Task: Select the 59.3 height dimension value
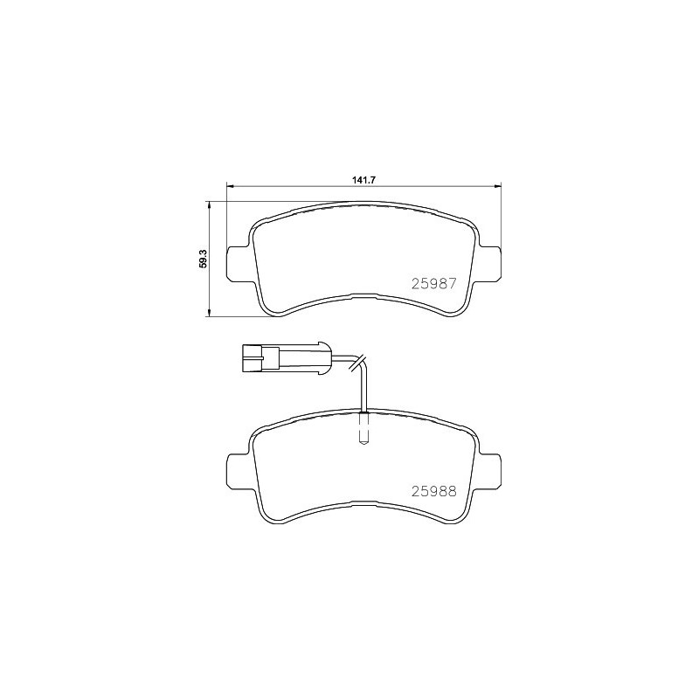[202, 259]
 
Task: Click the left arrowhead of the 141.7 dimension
[231, 185]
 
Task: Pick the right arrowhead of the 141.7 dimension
[499, 185]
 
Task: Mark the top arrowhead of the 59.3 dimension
[210, 204]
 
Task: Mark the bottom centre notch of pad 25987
[365, 295]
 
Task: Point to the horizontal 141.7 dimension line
[306, 185]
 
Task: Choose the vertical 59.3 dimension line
[210, 288]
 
